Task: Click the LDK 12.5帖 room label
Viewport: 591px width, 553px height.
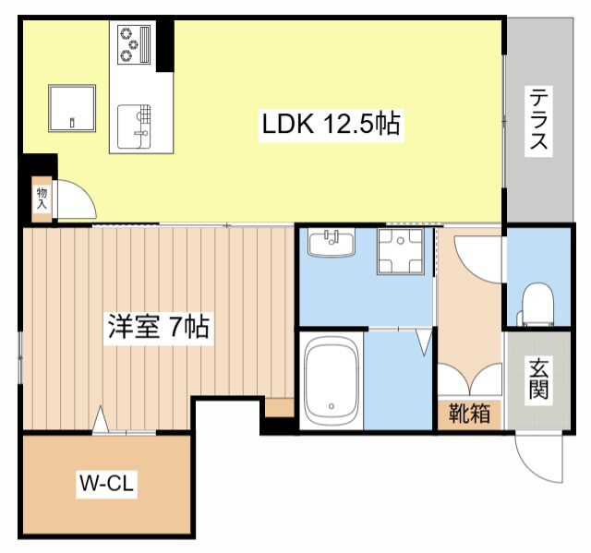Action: pos(332,125)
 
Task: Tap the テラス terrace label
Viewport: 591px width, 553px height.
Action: pos(538,119)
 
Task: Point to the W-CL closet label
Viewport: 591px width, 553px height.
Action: pos(106,483)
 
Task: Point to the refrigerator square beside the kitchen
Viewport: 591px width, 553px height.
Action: pos(73,108)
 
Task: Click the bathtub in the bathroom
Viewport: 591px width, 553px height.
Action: pos(331,379)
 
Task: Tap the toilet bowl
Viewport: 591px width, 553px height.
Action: pos(537,304)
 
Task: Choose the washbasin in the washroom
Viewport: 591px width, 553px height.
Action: pos(332,244)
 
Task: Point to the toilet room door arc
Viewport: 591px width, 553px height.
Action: pos(478,259)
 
